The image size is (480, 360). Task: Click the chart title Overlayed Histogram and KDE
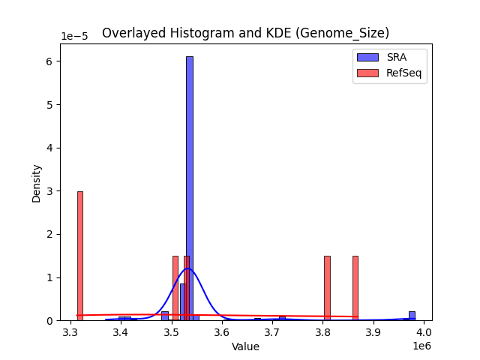[245, 33]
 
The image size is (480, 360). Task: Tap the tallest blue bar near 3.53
[190, 187]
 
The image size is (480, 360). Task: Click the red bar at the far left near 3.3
[80, 255]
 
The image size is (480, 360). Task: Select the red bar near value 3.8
[327, 288]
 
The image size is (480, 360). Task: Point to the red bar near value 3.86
[355, 288]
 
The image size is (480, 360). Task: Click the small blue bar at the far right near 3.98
[412, 316]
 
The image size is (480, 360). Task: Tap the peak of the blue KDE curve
[188, 268]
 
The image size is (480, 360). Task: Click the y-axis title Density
[36, 183]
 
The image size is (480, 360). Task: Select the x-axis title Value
[245, 346]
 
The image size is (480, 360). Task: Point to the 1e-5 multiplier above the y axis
[74, 37]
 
